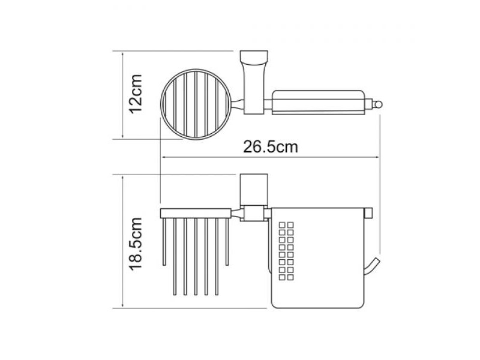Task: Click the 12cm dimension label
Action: click(136, 94)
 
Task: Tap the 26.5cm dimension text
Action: click(271, 146)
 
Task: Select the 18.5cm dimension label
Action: click(136, 244)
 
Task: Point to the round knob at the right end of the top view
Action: click(379, 104)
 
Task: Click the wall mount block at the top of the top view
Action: click(254, 56)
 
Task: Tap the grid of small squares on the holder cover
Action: click(286, 251)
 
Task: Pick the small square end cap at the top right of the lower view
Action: click(368, 213)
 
